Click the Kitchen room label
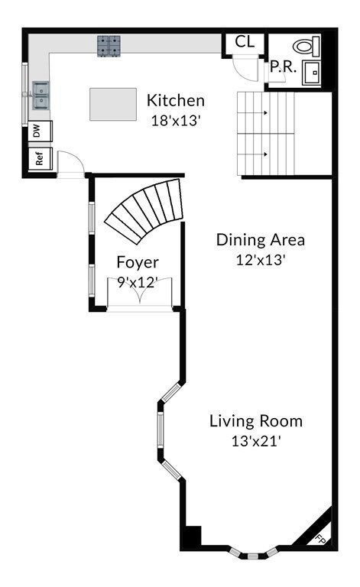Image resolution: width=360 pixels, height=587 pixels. click(175, 100)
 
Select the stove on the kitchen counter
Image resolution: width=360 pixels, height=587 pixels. click(108, 46)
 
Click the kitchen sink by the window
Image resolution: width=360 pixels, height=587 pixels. click(40, 96)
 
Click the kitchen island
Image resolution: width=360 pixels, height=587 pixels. click(113, 104)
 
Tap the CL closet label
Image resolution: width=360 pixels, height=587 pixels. click(245, 42)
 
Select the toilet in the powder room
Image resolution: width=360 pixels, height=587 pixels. click(306, 45)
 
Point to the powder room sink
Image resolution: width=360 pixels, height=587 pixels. click(312, 72)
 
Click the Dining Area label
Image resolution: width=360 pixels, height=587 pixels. click(260, 239)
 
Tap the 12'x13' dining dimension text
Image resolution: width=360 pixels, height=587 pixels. click(260, 259)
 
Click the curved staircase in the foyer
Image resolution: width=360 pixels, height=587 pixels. click(145, 208)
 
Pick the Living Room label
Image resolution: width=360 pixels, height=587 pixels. click(256, 420)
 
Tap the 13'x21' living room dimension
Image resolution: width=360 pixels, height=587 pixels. click(256, 440)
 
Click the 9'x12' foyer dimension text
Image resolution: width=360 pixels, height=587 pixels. click(137, 282)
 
